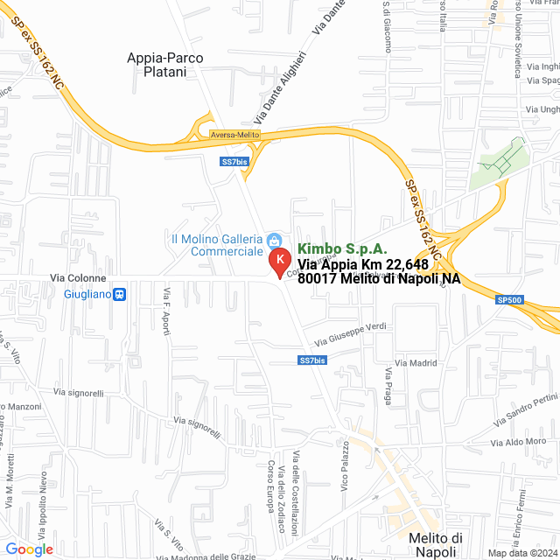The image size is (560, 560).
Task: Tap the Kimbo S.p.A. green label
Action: point(342,249)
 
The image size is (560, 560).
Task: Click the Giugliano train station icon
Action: point(120,294)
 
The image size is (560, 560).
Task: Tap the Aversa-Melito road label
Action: point(234,135)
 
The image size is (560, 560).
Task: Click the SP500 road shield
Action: point(508,300)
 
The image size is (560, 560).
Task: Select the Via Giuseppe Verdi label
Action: point(350,333)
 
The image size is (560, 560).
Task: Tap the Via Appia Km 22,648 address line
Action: point(363,264)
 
